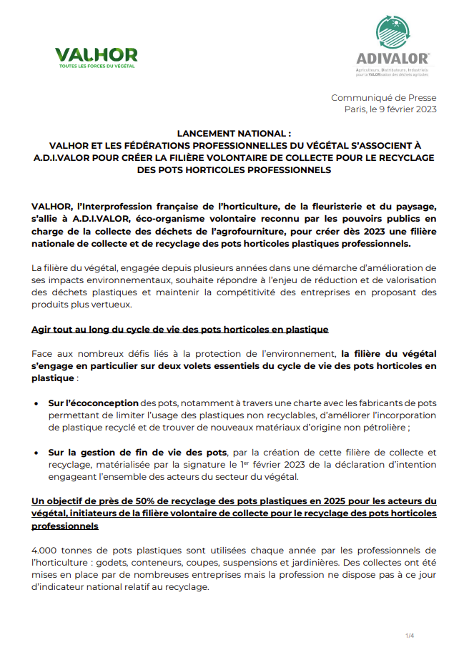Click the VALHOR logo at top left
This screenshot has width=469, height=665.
[96, 54]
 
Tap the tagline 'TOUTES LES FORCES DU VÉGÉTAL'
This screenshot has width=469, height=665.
[96, 66]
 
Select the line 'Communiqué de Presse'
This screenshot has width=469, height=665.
[383, 98]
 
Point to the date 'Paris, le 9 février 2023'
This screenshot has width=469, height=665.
[390, 109]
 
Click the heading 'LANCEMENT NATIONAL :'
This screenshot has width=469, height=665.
[234, 134]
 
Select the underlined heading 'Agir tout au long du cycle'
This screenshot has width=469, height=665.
[180, 330]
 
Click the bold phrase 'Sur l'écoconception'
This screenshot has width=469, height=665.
[94, 404]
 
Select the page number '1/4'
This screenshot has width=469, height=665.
[410, 636]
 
